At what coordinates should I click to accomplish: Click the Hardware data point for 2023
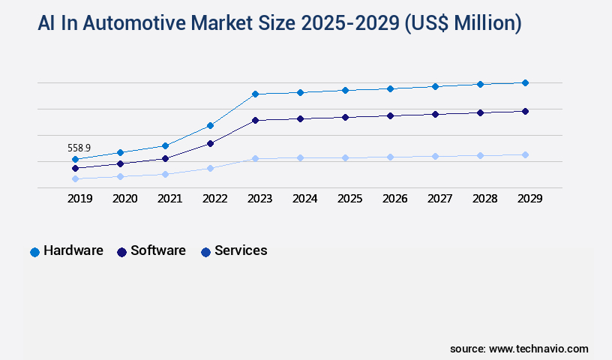(255, 94)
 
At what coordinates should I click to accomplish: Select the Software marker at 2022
(210, 143)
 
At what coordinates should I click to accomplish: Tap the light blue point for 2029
(525, 154)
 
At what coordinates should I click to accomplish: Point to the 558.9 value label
(79, 148)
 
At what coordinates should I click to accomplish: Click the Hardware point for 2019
(75, 160)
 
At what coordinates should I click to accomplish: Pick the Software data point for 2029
(525, 111)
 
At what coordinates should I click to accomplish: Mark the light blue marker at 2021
(165, 174)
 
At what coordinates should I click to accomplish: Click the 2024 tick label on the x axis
(304, 199)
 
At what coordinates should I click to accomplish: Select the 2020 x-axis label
(124, 199)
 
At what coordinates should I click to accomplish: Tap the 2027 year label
(439, 199)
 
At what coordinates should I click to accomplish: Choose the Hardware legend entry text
(73, 251)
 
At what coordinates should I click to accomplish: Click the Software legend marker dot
(121, 252)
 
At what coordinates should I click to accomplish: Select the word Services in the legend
(241, 251)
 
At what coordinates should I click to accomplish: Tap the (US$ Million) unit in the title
(463, 23)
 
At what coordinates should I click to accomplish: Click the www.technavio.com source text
(538, 349)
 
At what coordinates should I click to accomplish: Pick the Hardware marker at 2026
(390, 88)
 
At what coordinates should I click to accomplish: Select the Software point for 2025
(345, 117)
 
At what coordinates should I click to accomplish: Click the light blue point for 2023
(255, 158)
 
